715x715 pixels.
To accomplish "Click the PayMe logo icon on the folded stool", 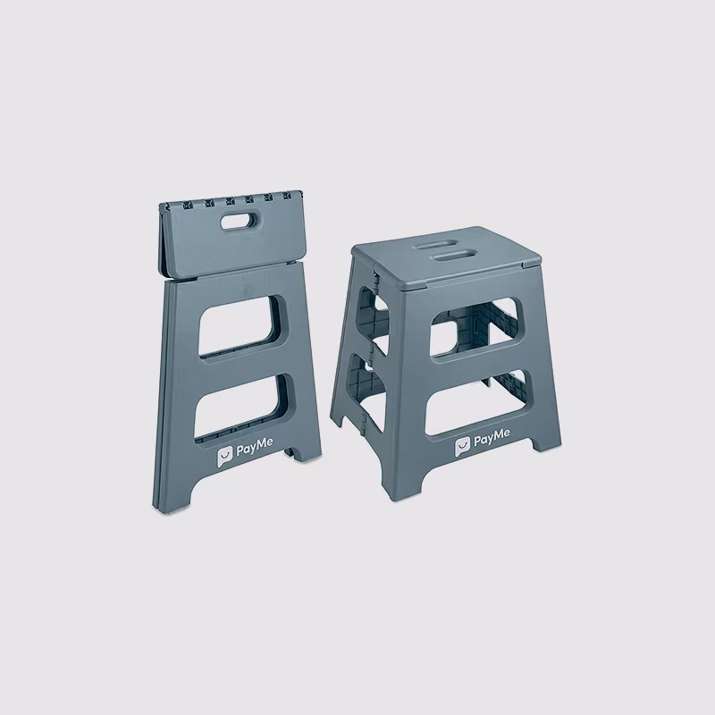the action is coord(225,457).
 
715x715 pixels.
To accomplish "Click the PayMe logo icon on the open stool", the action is coord(462,447).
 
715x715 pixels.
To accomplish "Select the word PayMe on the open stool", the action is coord(492,438).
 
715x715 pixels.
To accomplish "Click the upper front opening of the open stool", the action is coord(475,328).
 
